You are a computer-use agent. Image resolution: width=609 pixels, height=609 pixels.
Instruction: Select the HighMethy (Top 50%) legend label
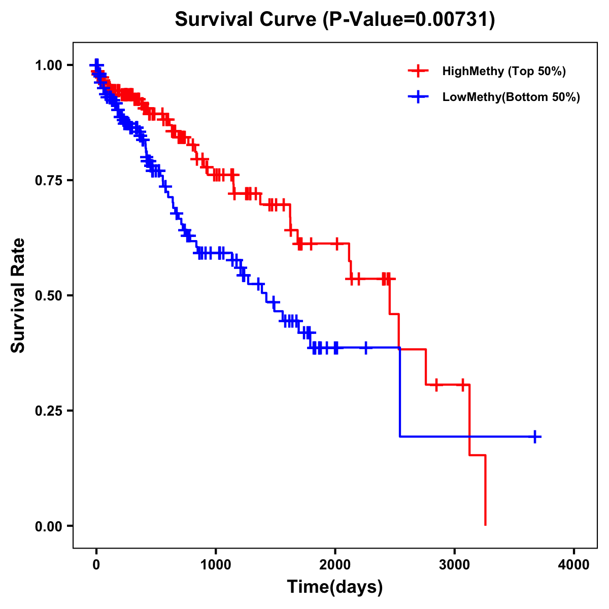point(503,71)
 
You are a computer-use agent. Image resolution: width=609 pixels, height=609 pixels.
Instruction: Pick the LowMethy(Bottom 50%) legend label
point(511,97)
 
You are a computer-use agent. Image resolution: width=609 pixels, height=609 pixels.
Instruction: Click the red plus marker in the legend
point(418,71)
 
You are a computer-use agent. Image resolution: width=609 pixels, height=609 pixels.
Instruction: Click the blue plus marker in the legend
point(418,97)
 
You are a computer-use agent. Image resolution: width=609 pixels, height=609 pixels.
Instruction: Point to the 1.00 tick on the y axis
point(48,65)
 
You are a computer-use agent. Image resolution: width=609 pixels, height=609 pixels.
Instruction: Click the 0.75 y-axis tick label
point(48,180)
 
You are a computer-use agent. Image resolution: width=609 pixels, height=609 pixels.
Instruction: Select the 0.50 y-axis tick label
point(48,295)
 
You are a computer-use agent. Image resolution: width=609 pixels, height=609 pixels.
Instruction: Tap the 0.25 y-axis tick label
point(48,411)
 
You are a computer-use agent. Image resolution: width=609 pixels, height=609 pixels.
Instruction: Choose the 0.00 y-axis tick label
point(48,526)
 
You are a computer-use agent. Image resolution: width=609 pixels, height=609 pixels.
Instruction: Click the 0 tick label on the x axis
point(96,564)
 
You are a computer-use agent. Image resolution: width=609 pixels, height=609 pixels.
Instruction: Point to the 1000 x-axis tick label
point(216,564)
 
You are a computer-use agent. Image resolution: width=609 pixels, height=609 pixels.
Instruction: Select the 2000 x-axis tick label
point(335,564)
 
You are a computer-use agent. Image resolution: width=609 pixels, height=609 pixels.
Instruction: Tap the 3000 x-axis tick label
point(454,564)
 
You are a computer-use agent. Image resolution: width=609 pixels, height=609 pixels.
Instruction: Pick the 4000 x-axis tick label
point(574,564)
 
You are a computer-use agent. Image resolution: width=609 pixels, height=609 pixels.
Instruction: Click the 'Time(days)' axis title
point(335,587)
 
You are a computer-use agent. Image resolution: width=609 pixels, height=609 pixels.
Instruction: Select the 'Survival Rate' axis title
point(18,295)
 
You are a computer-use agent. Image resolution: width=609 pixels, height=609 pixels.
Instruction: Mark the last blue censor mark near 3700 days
point(535,436)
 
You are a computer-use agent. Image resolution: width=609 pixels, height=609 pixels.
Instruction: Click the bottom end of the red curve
point(486,524)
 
